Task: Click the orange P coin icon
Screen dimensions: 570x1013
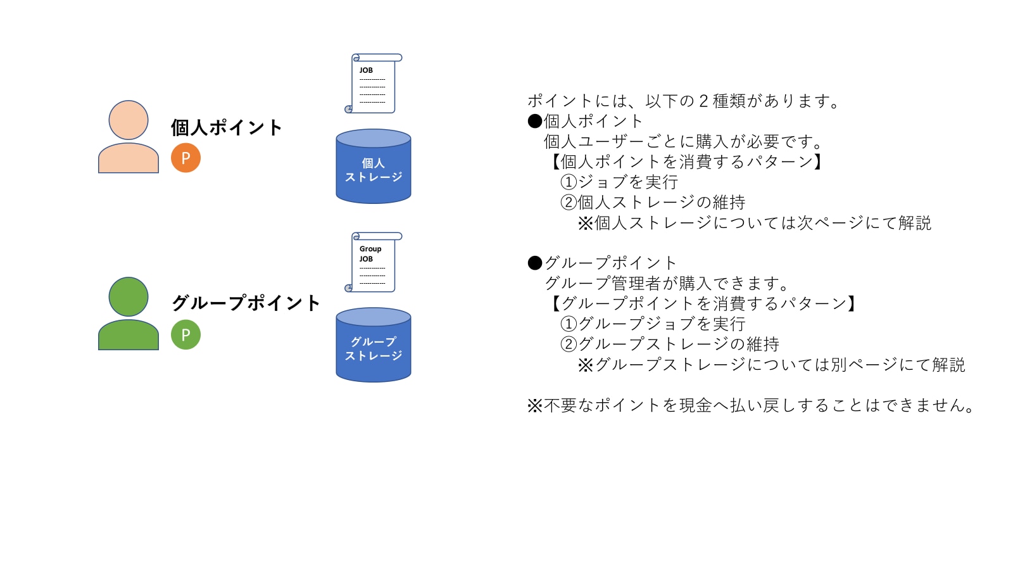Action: (x=186, y=158)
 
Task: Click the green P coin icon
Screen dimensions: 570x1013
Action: (x=186, y=334)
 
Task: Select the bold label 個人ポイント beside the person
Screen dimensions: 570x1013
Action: (x=226, y=128)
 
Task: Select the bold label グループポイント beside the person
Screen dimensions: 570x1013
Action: (x=246, y=303)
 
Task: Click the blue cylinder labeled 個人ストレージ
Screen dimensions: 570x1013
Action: (x=374, y=167)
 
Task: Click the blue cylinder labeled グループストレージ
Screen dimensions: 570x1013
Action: (x=374, y=346)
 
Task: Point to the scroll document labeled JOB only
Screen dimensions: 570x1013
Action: (x=374, y=84)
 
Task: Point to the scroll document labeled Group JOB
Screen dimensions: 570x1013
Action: (x=374, y=262)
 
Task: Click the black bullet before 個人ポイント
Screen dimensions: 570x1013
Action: (x=535, y=121)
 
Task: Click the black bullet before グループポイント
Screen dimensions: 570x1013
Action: (x=535, y=263)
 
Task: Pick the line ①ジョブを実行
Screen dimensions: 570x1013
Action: (x=619, y=182)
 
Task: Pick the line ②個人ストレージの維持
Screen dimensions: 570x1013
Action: (x=653, y=203)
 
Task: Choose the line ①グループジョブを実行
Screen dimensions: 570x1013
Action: (x=653, y=324)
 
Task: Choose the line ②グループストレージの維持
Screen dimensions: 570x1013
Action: (x=670, y=345)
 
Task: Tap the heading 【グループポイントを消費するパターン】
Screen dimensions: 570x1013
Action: (x=703, y=304)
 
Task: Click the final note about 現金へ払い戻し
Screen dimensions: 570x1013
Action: (x=752, y=405)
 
